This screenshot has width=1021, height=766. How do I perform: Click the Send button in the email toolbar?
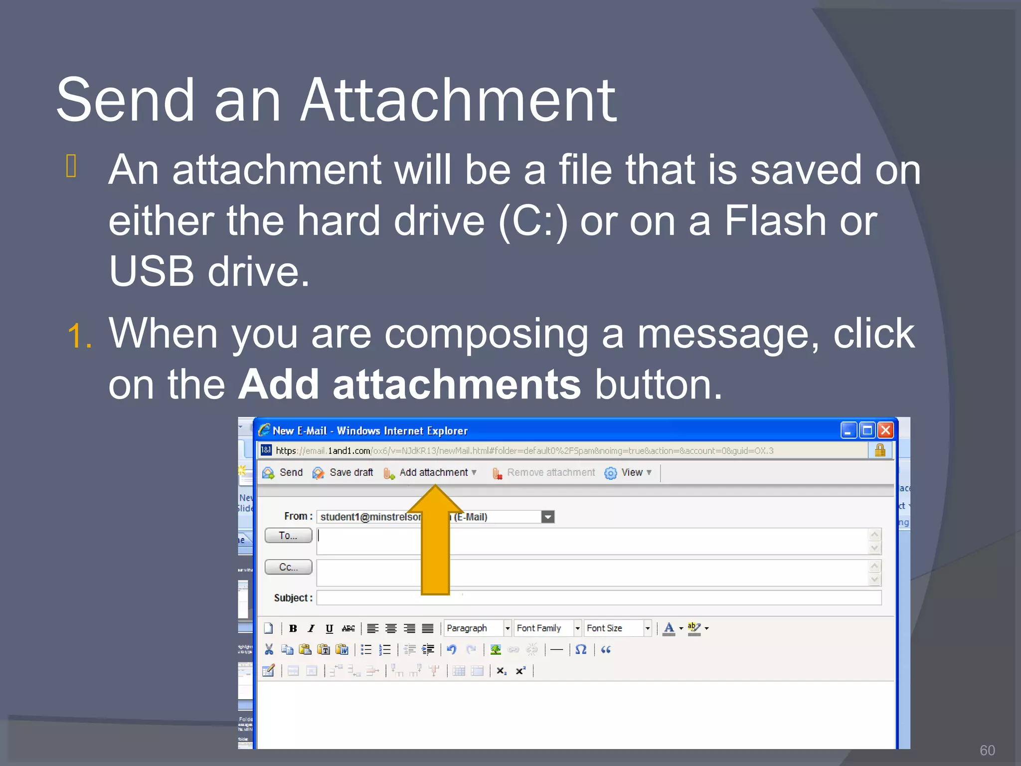(x=283, y=472)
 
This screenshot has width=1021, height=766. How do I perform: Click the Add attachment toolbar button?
(x=430, y=472)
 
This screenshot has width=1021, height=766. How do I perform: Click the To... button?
(x=288, y=536)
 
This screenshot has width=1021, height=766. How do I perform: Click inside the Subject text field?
(x=598, y=597)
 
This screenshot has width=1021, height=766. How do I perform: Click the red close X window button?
(x=886, y=430)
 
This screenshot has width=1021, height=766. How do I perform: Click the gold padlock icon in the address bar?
(x=880, y=450)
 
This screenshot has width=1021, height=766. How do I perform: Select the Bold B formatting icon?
(x=293, y=628)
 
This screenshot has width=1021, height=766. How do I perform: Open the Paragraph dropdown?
(x=478, y=628)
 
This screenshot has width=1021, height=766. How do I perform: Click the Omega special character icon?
(x=581, y=649)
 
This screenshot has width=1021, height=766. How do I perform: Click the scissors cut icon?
(x=269, y=649)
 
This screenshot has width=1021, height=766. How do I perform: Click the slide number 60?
(x=987, y=750)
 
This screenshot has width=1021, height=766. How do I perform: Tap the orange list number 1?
(x=79, y=336)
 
